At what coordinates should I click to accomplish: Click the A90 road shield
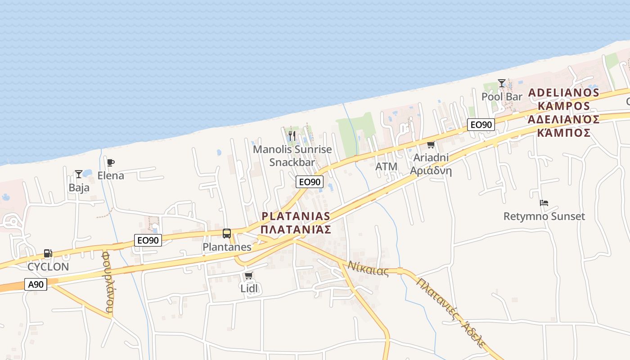(36, 284)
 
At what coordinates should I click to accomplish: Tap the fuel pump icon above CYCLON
(48, 254)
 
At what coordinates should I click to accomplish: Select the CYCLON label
(48, 267)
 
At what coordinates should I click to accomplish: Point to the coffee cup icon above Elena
(111, 162)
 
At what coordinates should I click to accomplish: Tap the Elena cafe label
(111, 175)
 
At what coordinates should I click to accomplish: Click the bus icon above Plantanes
(227, 234)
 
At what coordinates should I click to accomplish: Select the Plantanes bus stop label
(227, 247)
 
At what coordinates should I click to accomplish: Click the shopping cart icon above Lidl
(249, 275)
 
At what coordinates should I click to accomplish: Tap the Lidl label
(249, 288)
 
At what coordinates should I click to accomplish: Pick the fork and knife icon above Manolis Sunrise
(292, 136)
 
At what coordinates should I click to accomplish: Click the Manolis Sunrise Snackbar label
(292, 156)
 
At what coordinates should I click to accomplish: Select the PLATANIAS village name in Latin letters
(296, 216)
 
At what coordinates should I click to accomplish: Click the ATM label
(387, 166)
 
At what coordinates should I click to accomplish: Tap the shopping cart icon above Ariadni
(431, 145)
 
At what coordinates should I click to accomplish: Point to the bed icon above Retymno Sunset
(544, 203)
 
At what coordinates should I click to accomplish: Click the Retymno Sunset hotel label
(544, 216)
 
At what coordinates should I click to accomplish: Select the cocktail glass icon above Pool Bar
(502, 83)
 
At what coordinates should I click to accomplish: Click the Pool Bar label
(502, 97)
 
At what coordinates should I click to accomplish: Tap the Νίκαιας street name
(368, 268)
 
